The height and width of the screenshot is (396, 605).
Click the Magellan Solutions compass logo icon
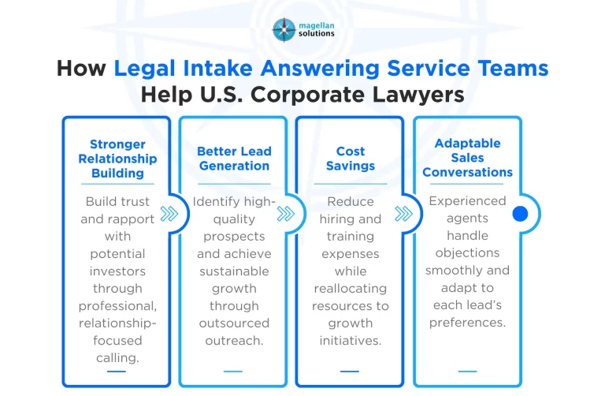coord(284,29)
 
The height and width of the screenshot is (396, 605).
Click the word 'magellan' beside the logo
coord(317,24)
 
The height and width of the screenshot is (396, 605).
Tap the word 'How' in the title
coord(82,68)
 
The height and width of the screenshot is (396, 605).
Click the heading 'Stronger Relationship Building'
coord(117,159)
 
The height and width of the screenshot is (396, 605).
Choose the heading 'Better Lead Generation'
coord(233,159)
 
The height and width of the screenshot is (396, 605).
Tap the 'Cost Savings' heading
coord(350,159)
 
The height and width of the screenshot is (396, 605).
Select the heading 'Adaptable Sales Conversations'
coord(467,158)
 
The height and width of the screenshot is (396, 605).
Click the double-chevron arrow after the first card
coord(169,214)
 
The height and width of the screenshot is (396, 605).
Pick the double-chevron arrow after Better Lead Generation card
coord(286,214)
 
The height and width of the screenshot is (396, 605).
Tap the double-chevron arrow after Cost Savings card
coord(403,214)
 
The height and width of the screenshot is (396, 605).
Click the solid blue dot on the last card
coord(519,214)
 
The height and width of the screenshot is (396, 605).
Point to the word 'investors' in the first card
coord(117,271)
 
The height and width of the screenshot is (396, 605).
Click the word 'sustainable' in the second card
coord(233,271)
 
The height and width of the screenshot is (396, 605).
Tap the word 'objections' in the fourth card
coord(467,253)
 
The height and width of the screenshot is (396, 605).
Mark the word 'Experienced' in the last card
coord(467,201)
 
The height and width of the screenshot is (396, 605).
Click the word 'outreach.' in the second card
coord(233,340)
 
